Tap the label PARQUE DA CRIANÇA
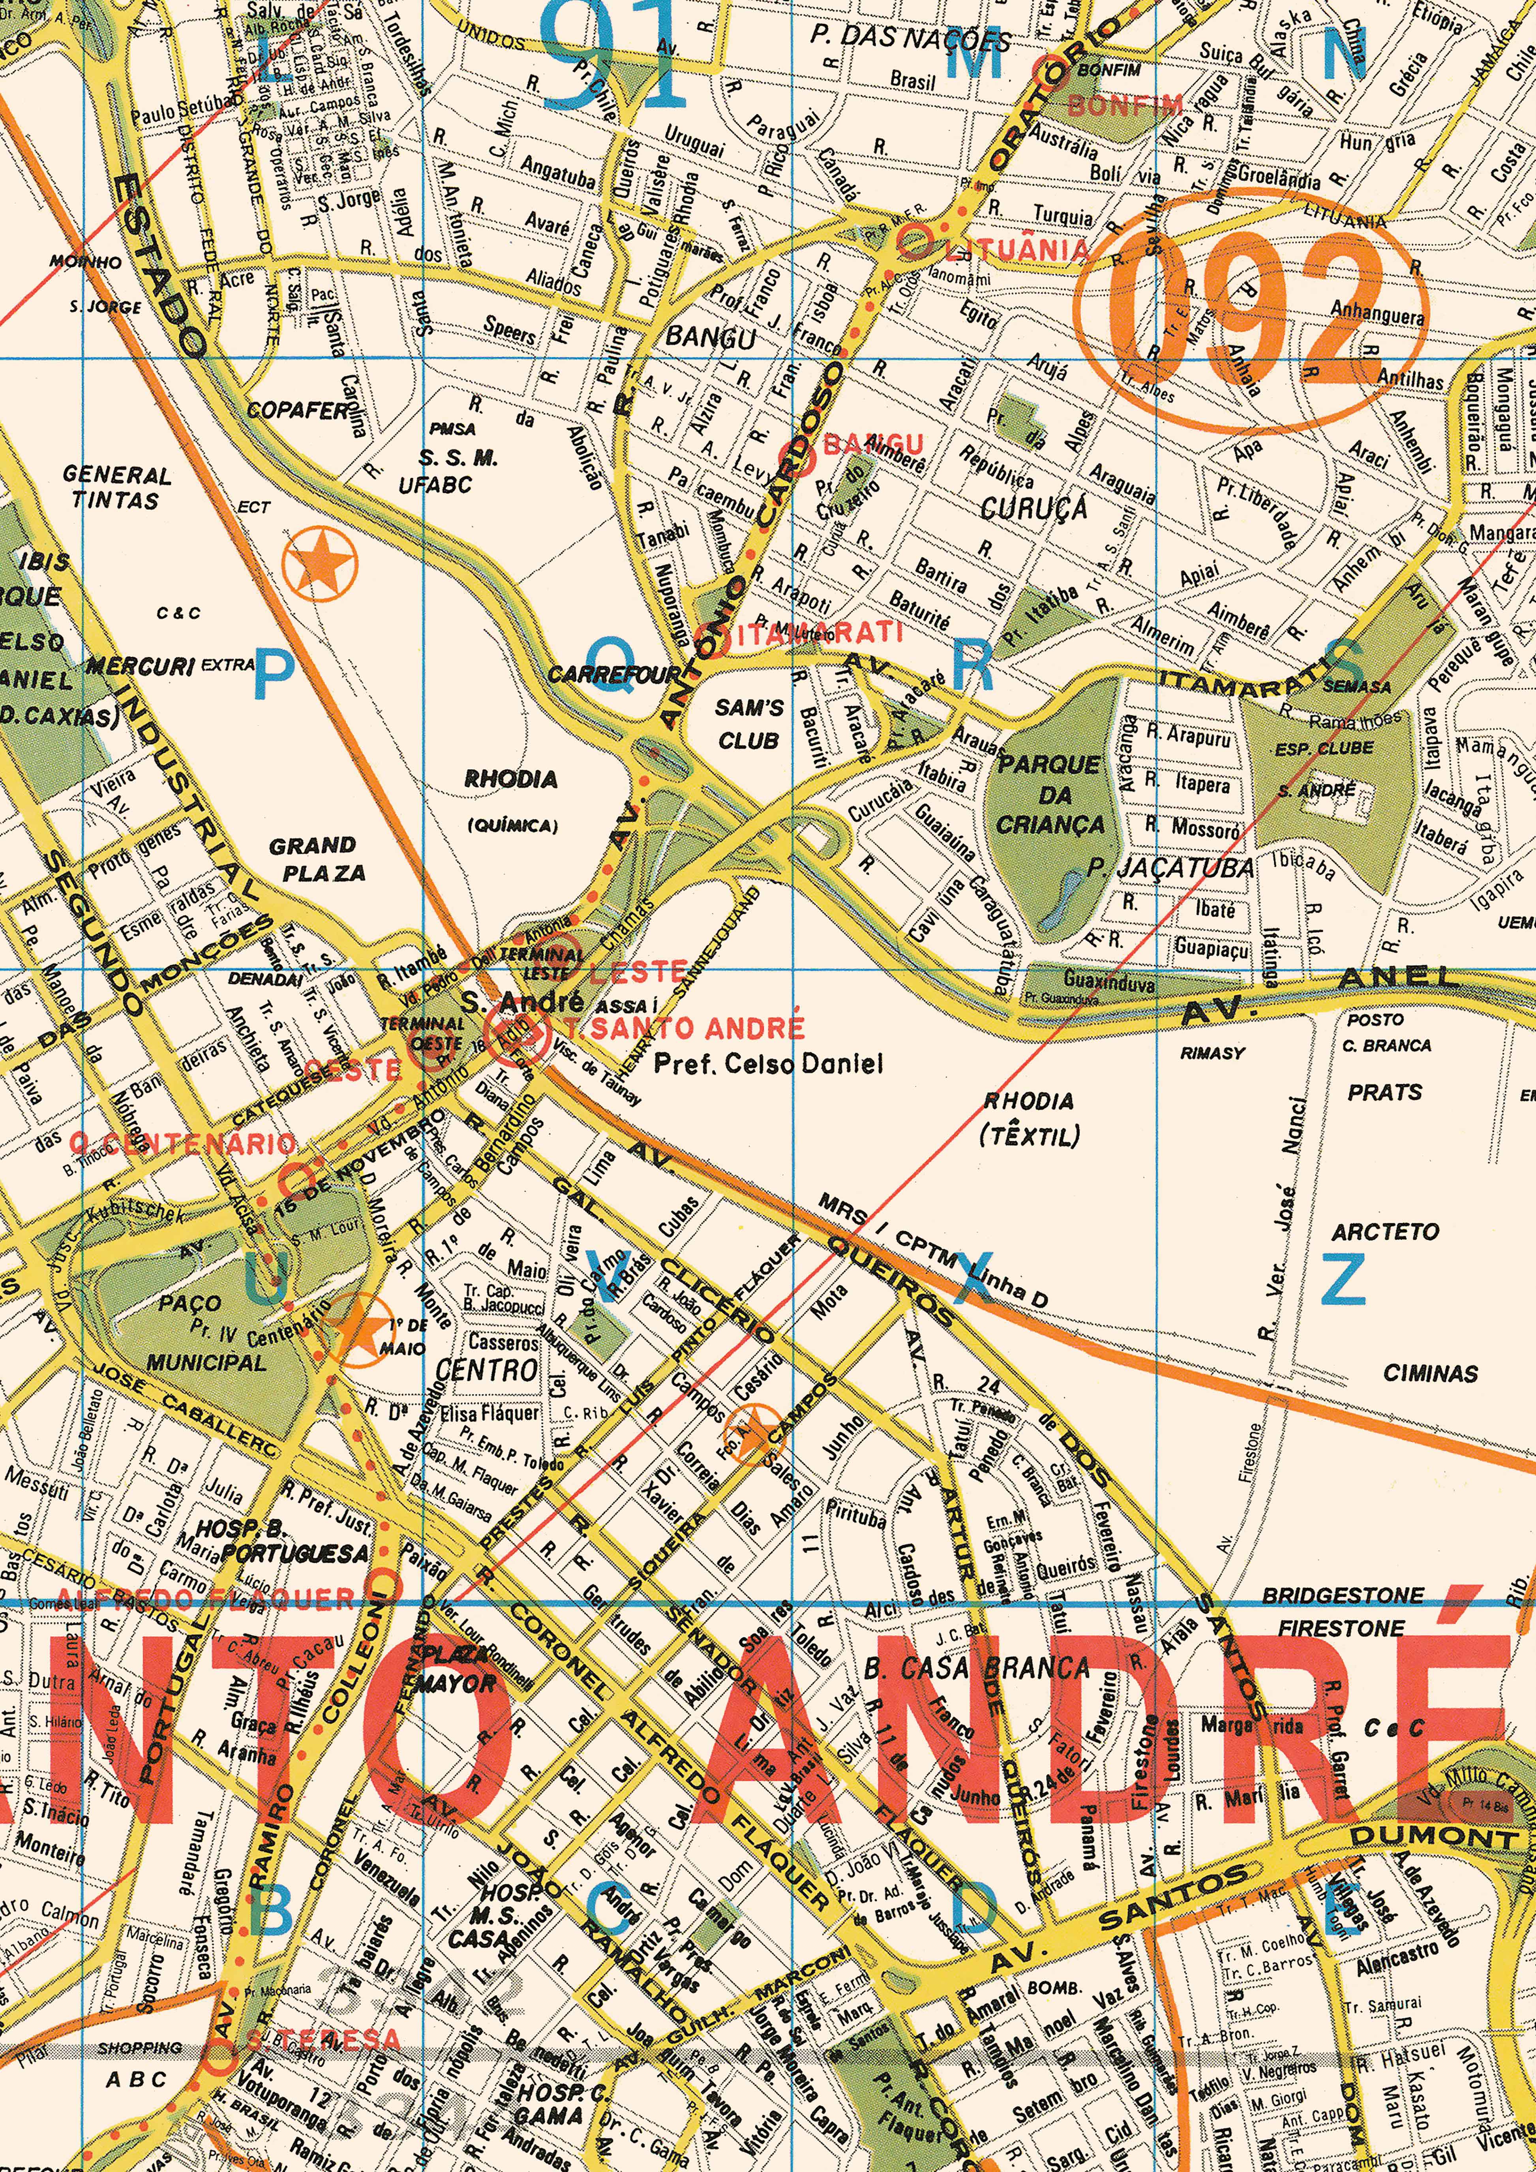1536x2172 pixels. click(x=1050, y=795)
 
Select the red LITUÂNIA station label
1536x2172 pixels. click(x=1017, y=250)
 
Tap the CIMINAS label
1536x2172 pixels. click(x=1430, y=1373)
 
